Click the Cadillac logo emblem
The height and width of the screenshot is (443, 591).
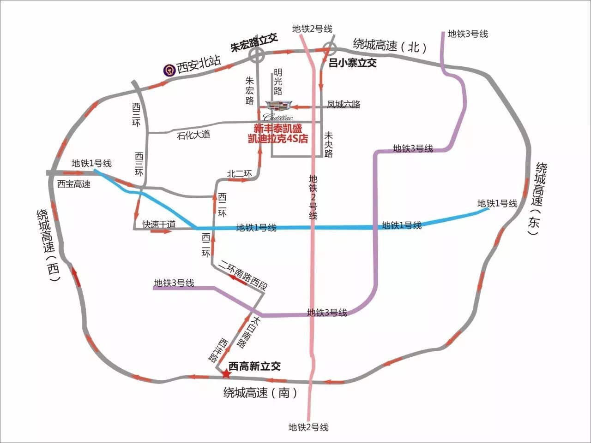(x=278, y=106)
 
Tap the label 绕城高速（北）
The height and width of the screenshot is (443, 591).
(x=391, y=46)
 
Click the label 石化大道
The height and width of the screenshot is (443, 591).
(x=194, y=135)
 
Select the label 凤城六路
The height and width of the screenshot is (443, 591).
(x=344, y=105)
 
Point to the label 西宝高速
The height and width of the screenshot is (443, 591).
(x=74, y=184)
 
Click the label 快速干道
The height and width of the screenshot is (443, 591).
(x=159, y=224)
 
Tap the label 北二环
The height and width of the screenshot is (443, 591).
(x=240, y=174)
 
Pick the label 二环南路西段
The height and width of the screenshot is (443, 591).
(x=243, y=274)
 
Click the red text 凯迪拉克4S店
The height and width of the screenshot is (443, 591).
(x=278, y=138)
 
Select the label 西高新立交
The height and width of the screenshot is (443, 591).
(x=255, y=366)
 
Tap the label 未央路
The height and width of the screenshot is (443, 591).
(x=328, y=144)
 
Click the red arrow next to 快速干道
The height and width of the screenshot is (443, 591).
(x=161, y=231)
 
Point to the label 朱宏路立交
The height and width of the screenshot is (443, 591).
(x=254, y=44)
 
